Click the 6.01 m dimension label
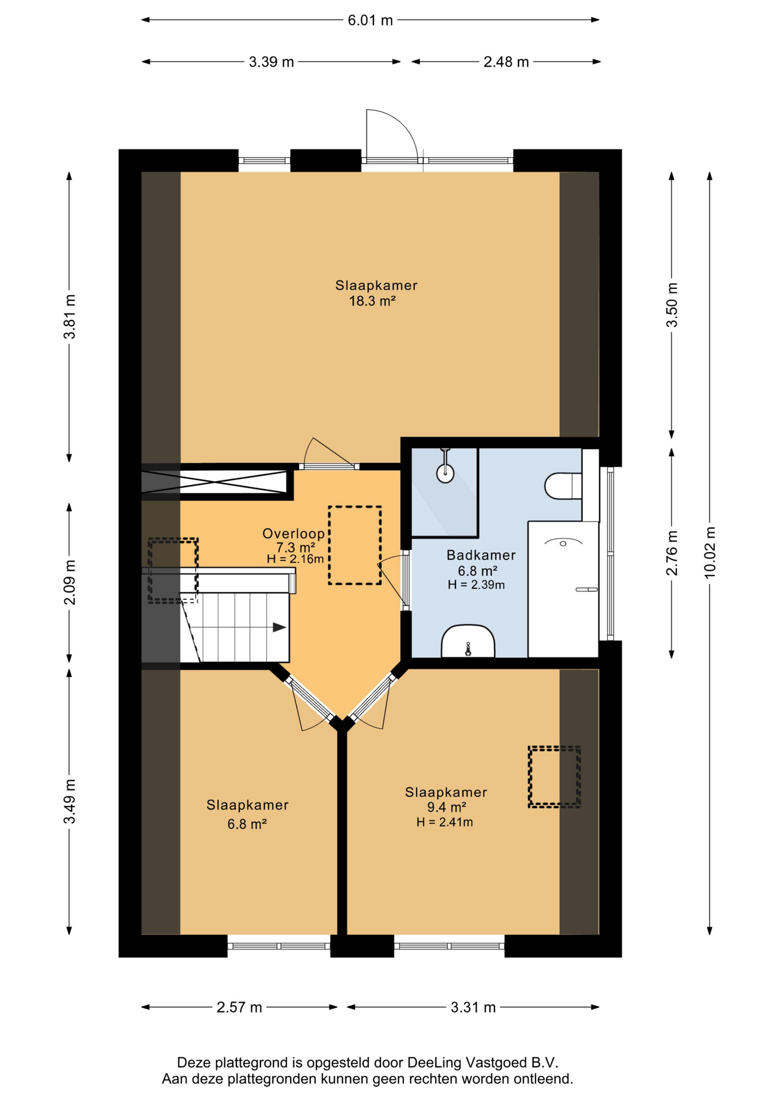pyautogui.click(x=370, y=21)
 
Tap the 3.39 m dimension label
pyautogui.click(x=271, y=62)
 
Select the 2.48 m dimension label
pyautogui.click(x=506, y=62)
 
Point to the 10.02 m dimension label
pyautogui.click(x=710, y=552)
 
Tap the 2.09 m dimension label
pyautogui.click(x=70, y=583)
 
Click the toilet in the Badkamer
pyautogui.click(x=563, y=486)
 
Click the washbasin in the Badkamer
pyautogui.click(x=468, y=641)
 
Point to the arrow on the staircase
pyautogui.click(x=279, y=627)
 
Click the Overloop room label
pyautogui.click(x=294, y=534)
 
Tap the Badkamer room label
pyautogui.click(x=481, y=555)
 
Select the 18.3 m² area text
pyautogui.click(x=372, y=301)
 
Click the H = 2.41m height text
pyautogui.click(x=445, y=822)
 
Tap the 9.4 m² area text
pyautogui.click(x=446, y=807)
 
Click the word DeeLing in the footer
pyautogui.click(x=434, y=1063)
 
